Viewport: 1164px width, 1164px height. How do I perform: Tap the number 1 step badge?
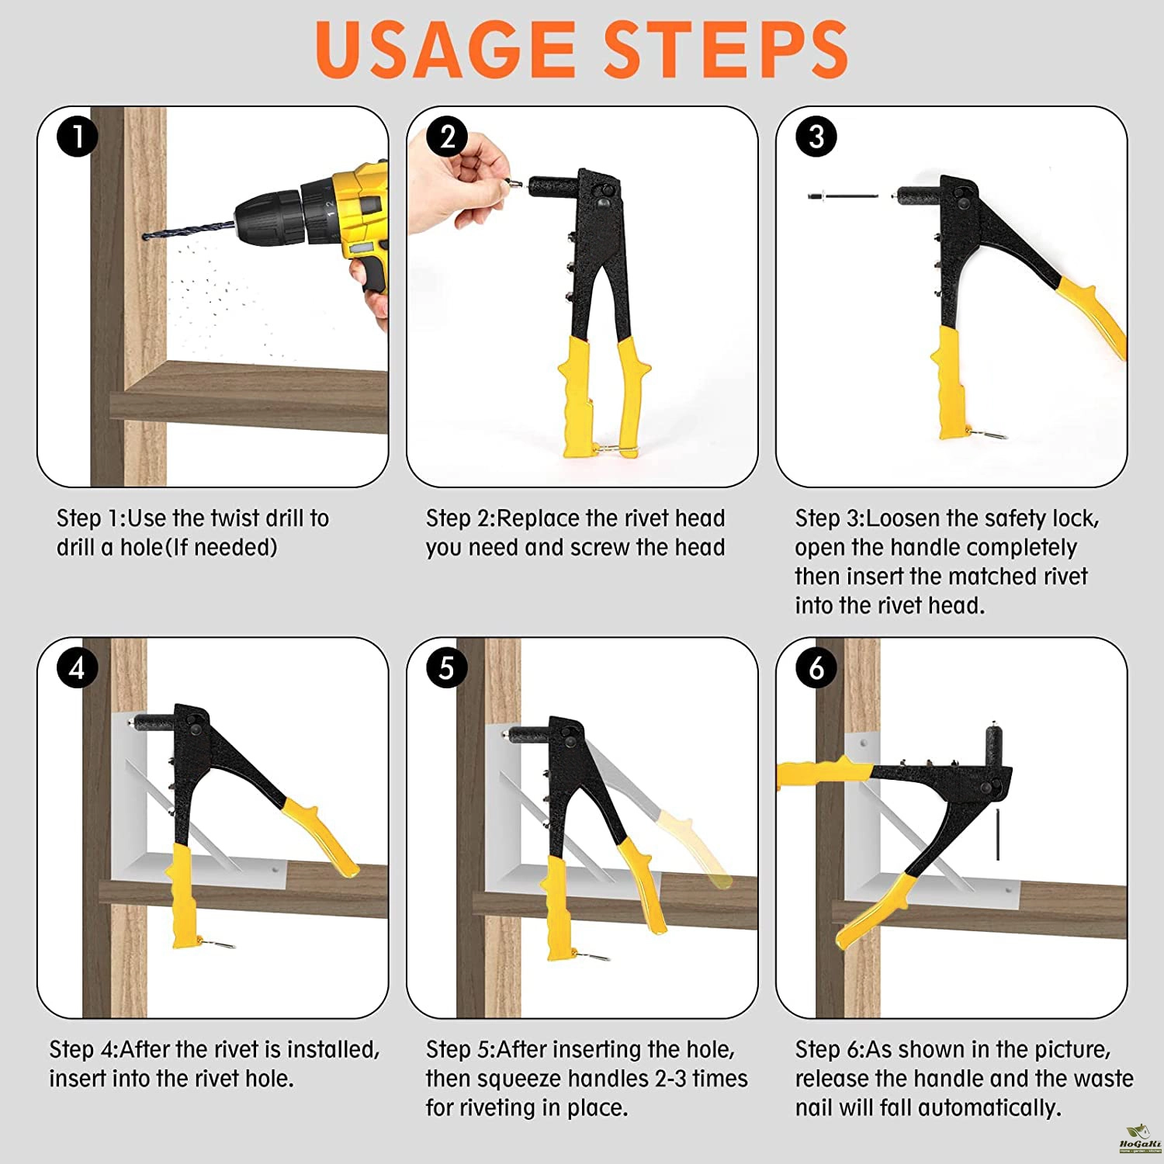77,137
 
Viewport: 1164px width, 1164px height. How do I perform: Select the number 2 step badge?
447,137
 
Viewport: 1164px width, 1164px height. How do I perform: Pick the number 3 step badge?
816,137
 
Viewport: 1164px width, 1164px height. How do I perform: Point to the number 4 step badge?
77,667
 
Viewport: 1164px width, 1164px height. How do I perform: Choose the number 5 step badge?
447,667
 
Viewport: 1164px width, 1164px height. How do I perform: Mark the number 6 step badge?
816,667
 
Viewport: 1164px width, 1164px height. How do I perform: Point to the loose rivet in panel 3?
843,196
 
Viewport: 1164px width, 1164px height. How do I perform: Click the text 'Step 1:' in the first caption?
91,518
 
